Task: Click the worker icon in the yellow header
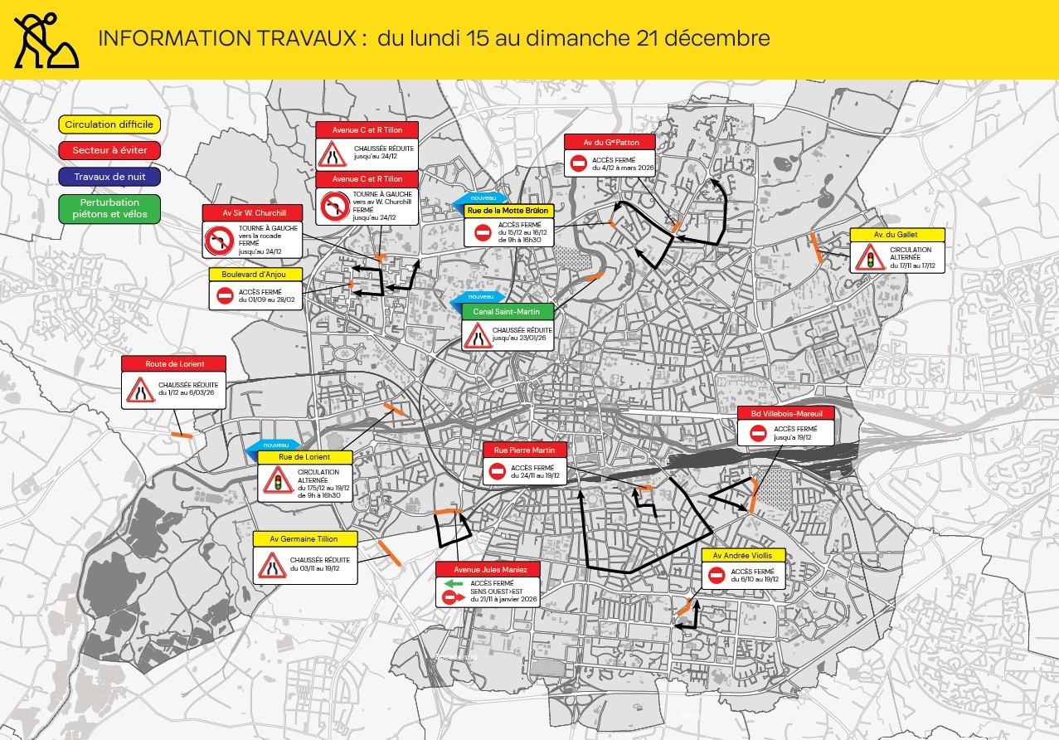pyautogui.click(x=46, y=40)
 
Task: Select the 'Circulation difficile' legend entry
pyautogui.click(x=109, y=124)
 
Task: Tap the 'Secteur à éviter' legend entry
pyautogui.click(x=109, y=150)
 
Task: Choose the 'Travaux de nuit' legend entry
pyautogui.click(x=109, y=176)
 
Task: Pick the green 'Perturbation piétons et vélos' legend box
pyautogui.click(x=109, y=209)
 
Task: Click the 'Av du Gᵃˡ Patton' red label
pyautogui.click(x=610, y=142)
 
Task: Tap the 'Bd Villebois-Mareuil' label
pyautogui.click(x=786, y=413)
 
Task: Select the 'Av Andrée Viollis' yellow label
pyautogui.click(x=743, y=556)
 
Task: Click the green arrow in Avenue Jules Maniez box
pyautogui.click(x=453, y=583)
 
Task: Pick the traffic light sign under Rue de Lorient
pyautogui.click(x=277, y=480)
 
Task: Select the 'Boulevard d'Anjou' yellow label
pyautogui.click(x=255, y=275)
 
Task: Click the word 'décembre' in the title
pyautogui.click(x=720, y=38)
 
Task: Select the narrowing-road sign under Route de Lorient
pyautogui.click(x=138, y=390)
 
